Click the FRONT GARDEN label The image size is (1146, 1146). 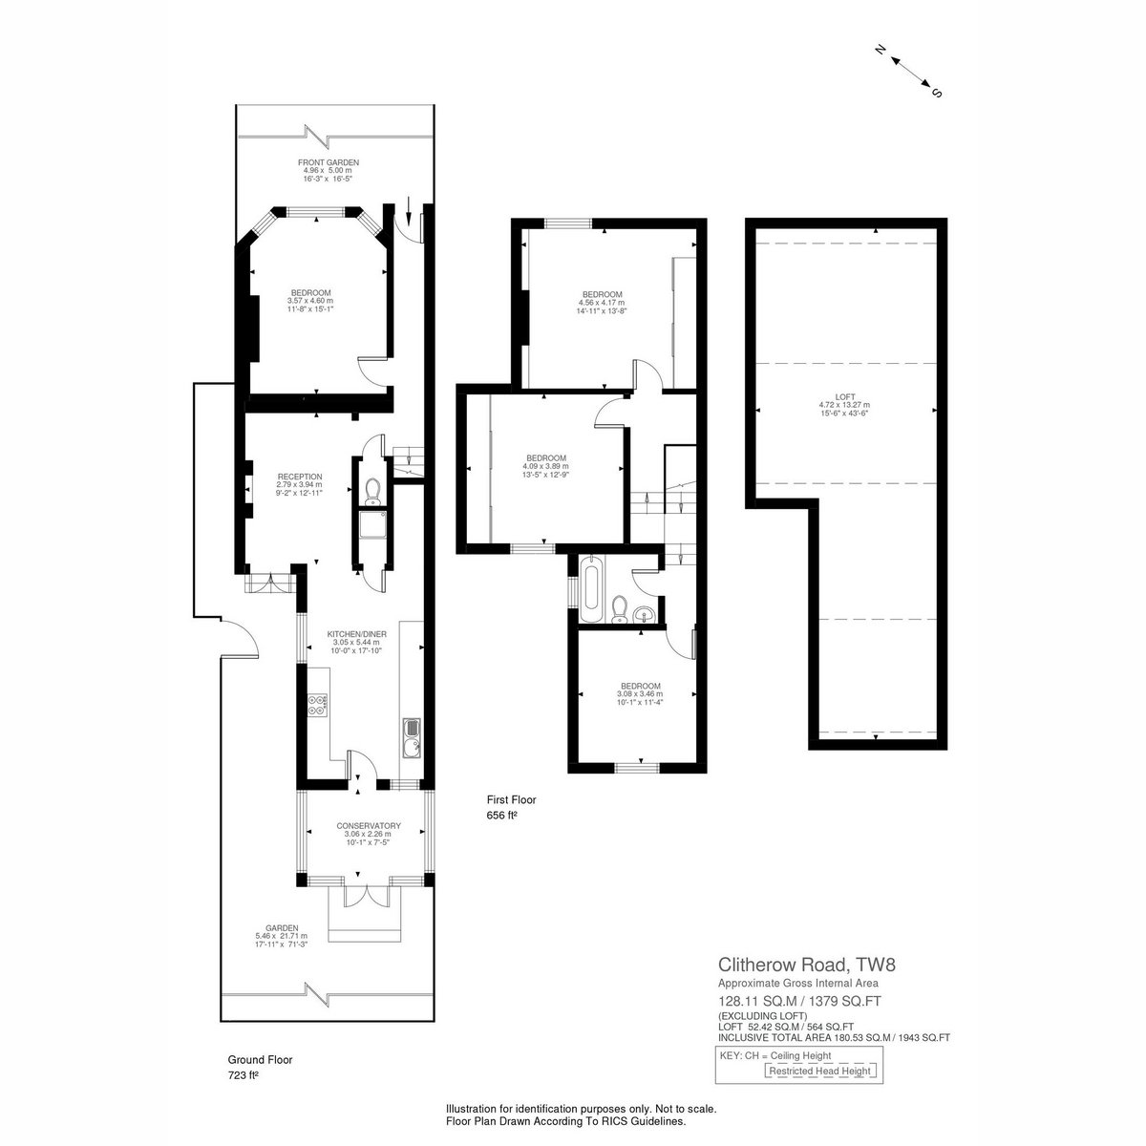(x=329, y=162)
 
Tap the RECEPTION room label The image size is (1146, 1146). (x=300, y=477)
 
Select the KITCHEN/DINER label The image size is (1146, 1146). (x=357, y=634)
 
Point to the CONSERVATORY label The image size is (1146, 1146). (x=369, y=825)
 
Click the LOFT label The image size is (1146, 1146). (x=845, y=396)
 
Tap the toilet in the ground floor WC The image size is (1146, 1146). (x=372, y=492)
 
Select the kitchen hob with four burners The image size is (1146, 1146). (x=318, y=705)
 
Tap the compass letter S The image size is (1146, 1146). (x=937, y=93)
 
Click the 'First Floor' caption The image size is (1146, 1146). (x=512, y=800)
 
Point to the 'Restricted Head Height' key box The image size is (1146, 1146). (x=819, y=1072)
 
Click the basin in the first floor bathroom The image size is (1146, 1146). (x=643, y=614)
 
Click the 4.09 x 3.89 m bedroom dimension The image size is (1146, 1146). (x=546, y=466)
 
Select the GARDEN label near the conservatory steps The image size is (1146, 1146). (x=282, y=927)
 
